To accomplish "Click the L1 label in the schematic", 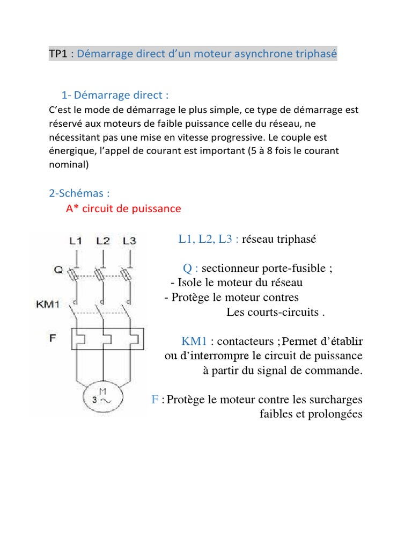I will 76,241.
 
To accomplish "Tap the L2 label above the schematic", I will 103,241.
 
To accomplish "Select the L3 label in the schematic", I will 129,241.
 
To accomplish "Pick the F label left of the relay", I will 53,339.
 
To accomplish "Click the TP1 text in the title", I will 59,54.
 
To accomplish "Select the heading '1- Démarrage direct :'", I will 115,96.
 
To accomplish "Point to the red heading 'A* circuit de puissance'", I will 123,208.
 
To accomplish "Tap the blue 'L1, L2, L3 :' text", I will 208,240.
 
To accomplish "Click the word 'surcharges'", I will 336,400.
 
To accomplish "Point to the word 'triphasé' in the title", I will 317,54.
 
